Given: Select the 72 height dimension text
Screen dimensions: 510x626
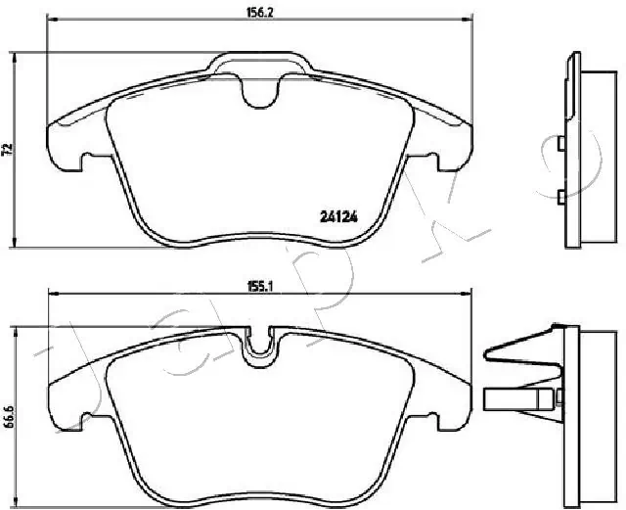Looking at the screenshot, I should pyautogui.click(x=9, y=150).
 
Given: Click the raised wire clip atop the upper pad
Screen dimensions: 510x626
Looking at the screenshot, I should pyautogui.click(x=259, y=63).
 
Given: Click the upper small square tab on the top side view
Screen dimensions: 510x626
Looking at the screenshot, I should pyautogui.click(x=559, y=146).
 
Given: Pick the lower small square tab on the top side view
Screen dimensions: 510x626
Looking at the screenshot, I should pyautogui.click(x=559, y=198).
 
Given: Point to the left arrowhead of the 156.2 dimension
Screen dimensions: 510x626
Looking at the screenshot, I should pyautogui.click(x=52, y=22).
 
